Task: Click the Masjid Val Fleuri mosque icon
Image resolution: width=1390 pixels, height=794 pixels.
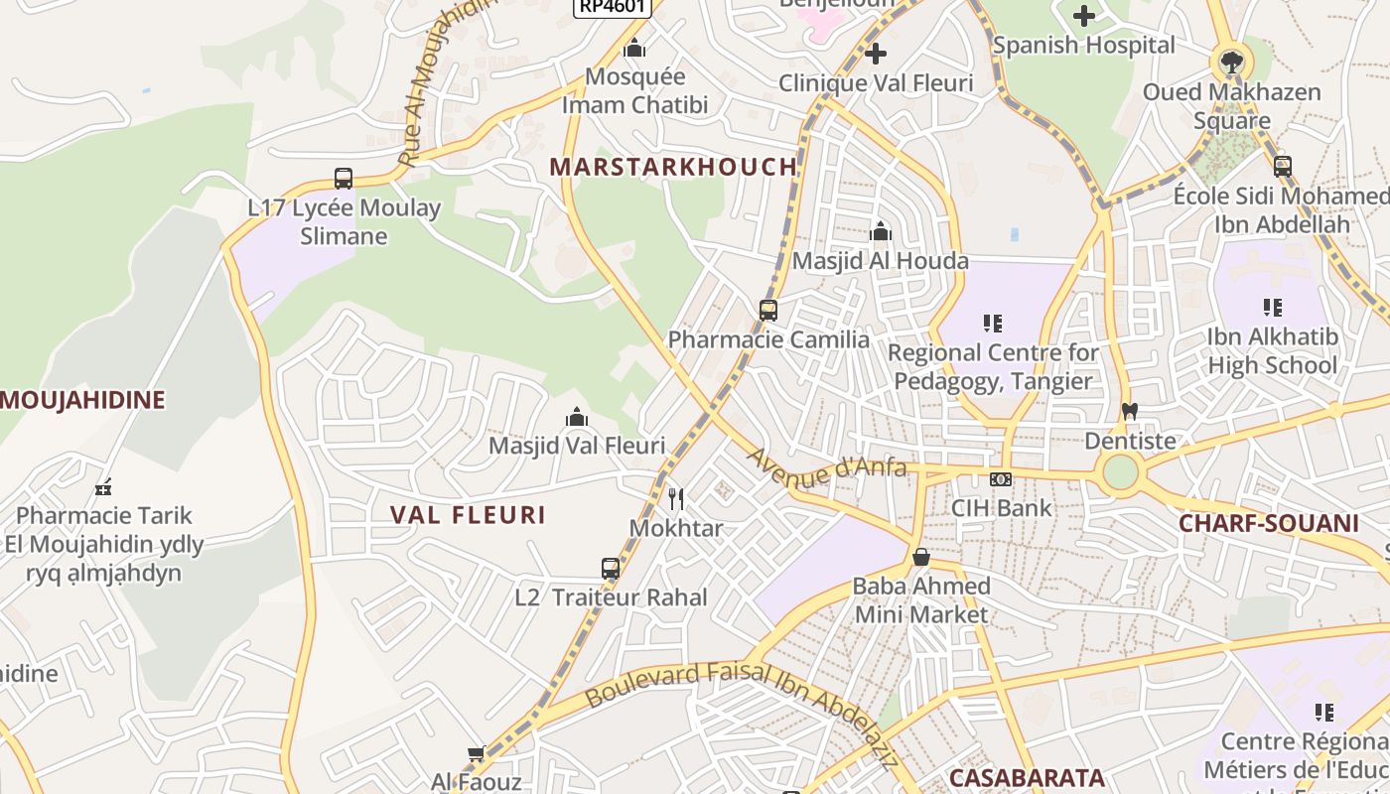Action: pos(577,418)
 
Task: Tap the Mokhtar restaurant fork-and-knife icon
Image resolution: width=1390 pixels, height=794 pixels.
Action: pos(676,498)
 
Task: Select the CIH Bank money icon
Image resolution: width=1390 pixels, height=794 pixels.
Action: pos(1001,479)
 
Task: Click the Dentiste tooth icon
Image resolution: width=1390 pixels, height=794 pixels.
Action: pos(1129,411)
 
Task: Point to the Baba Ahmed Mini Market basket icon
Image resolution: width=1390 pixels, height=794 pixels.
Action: pos(921,557)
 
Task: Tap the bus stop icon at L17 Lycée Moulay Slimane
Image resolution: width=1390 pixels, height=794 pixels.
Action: pos(344,179)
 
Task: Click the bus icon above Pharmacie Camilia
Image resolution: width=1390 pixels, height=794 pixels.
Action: pos(767,310)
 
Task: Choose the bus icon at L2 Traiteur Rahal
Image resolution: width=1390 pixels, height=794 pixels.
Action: pos(611,569)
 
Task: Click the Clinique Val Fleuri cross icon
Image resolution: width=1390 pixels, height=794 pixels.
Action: pos(875,54)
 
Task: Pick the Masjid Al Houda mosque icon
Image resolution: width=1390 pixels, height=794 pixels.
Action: pos(880,232)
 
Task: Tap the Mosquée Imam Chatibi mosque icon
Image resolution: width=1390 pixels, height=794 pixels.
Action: pos(634,48)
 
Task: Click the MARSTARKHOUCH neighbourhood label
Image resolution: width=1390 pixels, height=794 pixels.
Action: pos(673,167)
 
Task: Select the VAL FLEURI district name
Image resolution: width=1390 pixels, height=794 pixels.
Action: pos(468,515)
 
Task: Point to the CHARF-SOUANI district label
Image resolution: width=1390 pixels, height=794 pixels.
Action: pos(1268,523)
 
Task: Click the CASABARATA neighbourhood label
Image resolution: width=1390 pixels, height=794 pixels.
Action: pos(1027,777)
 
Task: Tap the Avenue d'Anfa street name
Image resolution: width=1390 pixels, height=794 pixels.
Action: pos(827,467)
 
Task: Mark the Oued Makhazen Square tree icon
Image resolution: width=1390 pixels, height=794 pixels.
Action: pos(1231,63)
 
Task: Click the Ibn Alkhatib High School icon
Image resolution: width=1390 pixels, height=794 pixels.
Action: pos(1272,308)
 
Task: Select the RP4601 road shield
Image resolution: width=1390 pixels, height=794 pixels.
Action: pos(613,6)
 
